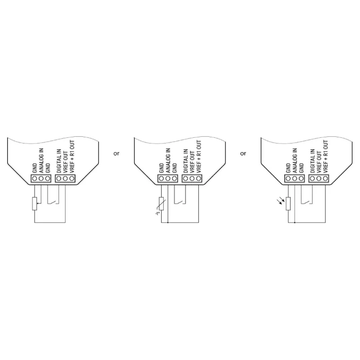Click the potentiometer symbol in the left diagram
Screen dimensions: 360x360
click(x=35, y=203)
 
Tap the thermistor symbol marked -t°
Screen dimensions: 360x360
click(x=161, y=203)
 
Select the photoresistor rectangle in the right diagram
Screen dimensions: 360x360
click(x=288, y=203)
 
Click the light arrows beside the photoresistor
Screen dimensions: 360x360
click(x=281, y=201)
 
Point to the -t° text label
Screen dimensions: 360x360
click(x=157, y=213)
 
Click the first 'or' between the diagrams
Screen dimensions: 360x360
click(x=117, y=153)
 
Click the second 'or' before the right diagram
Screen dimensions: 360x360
click(x=243, y=153)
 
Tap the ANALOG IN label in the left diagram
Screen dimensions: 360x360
click(x=41, y=161)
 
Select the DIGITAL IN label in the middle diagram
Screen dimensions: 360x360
click(x=186, y=161)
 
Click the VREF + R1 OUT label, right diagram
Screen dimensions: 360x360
click(x=325, y=156)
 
